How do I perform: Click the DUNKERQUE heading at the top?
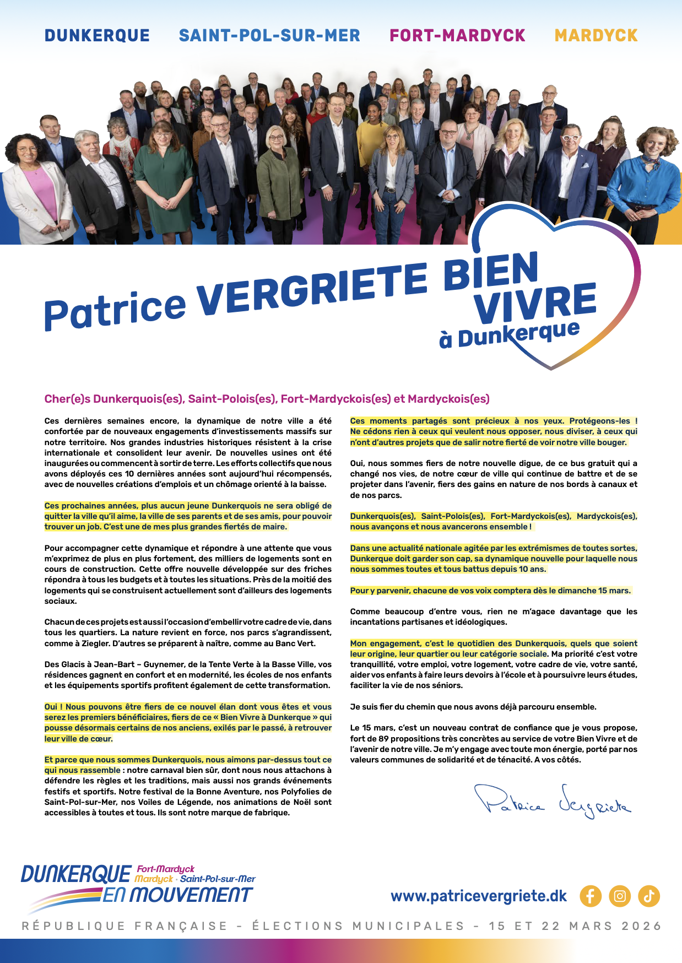(x=97, y=36)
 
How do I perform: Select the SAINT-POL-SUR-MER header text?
(x=269, y=36)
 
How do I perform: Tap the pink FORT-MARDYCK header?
(x=457, y=36)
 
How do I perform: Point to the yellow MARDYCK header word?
(x=596, y=36)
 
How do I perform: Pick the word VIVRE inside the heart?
(x=535, y=304)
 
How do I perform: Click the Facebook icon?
(x=590, y=896)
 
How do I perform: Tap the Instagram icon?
(x=620, y=896)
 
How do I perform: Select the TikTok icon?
(x=649, y=896)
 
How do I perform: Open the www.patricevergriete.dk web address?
(x=478, y=896)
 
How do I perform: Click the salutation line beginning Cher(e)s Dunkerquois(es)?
(x=267, y=399)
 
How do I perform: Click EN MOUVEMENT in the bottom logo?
(x=177, y=895)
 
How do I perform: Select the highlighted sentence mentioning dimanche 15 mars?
(x=490, y=591)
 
